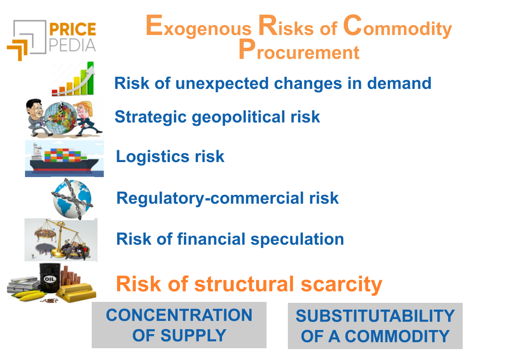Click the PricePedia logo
click(x=51, y=40)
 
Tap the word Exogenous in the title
click(x=198, y=25)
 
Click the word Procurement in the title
click(x=299, y=49)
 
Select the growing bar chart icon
click(x=73, y=79)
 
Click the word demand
click(x=399, y=83)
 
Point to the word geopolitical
click(x=238, y=117)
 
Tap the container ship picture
click(x=64, y=159)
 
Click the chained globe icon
click(x=72, y=198)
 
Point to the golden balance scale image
click(x=61, y=240)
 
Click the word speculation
click(x=297, y=240)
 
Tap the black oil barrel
click(x=50, y=278)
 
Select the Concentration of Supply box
click(x=179, y=325)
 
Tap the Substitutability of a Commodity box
click(x=375, y=326)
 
